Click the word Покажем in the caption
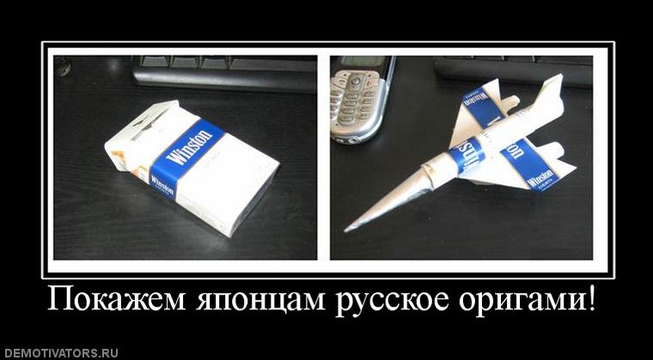(107, 302)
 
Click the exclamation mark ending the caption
(591, 301)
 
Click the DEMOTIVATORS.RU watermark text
(60, 352)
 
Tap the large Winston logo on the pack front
(192, 147)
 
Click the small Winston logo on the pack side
(162, 185)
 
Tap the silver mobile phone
(361, 99)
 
